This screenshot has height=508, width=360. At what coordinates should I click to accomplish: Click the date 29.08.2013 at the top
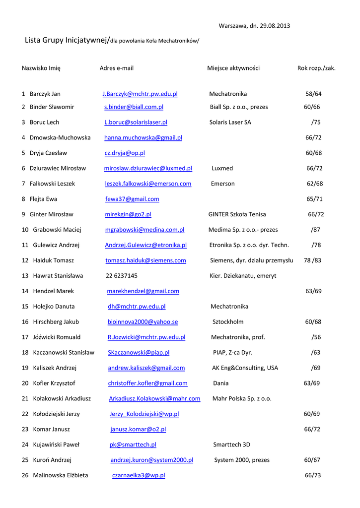pyautogui.click(x=276, y=26)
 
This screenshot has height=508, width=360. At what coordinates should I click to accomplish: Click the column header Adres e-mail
pyautogui.click(x=116, y=68)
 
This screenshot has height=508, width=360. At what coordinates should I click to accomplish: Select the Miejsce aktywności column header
pyautogui.click(x=233, y=68)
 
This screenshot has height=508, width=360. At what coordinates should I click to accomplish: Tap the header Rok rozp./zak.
pyautogui.click(x=316, y=68)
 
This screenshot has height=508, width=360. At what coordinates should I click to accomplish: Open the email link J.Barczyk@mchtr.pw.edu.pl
pyautogui.click(x=140, y=94)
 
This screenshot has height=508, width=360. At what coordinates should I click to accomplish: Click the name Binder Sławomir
pyautogui.click(x=52, y=107)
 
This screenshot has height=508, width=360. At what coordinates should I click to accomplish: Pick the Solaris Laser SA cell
pyautogui.click(x=230, y=122)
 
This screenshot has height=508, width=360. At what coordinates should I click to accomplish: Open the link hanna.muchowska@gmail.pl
pyautogui.click(x=143, y=137)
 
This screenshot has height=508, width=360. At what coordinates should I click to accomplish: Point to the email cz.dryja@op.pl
pyautogui.click(x=125, y=153)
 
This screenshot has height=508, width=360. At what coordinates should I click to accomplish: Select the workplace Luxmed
pyautogui.click(x=222, y=168)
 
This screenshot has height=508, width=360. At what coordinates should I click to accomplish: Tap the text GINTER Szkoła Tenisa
pyautogui.click(x=237, y=214)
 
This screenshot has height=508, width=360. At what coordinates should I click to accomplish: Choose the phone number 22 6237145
pyautogui.click(x=122, y=275)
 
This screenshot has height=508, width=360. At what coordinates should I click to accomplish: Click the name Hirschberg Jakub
pyautogui.click(x=56, y=321)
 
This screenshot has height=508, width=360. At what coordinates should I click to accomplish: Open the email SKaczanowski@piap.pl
pyautogui.click(x=139, y=352)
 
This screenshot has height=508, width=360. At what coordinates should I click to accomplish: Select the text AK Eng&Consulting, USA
pyautogui.click(x=245, y=368)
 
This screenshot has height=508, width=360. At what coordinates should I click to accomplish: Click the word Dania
pyautogui.click(x=221, y=383)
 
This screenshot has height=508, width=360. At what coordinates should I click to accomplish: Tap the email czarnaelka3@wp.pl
pyautogui.click(x=139, y=475)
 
